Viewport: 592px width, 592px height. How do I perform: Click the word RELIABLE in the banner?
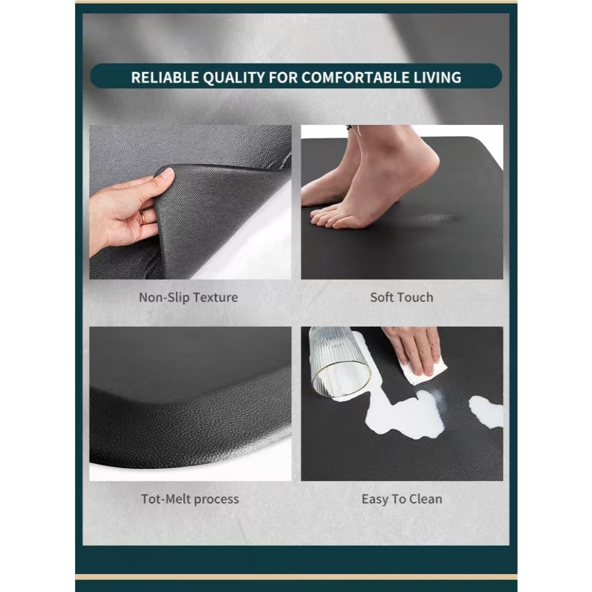[165, 77]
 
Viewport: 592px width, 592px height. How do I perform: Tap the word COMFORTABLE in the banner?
[354, 77]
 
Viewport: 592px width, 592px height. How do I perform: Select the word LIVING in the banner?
[437, 77]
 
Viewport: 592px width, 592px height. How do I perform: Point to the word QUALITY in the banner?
[234, 77]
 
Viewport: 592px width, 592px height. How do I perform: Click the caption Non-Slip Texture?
[188, 298]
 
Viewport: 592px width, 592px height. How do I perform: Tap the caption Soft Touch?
[401, 298]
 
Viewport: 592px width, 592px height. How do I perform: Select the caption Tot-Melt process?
[190, 499]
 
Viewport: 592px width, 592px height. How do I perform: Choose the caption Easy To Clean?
[402, 499]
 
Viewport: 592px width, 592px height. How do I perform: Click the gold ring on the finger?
[143, 218]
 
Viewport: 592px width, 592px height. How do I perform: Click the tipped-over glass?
[338, 362]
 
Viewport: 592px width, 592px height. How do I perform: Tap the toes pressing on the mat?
[332, 219]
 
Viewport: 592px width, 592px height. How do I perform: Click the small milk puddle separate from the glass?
[486, 412]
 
